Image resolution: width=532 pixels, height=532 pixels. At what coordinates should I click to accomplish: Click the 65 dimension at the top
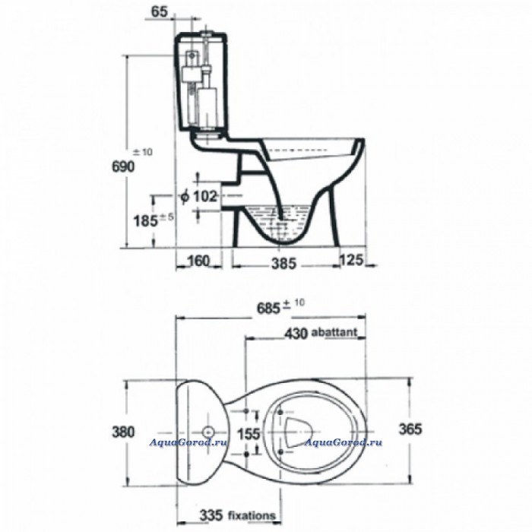[x=159, y=11]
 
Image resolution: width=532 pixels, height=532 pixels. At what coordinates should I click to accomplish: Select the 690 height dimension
[x=123, y=166]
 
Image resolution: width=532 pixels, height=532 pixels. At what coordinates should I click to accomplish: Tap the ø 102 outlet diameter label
[x=199, y=196]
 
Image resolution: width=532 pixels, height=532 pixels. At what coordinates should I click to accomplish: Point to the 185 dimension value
[x=146, y=222]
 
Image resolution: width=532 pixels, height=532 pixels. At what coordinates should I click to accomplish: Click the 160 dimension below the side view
[x=198, y=261]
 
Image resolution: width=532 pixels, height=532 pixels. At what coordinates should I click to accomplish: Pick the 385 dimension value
[x=283, y=264]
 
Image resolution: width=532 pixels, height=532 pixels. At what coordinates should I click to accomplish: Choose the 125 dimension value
[x=351, y=260]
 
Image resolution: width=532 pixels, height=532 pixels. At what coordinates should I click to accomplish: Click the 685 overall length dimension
[x=268, y=309]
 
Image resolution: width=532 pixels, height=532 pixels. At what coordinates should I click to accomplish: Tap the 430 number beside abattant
[x=296, y=334]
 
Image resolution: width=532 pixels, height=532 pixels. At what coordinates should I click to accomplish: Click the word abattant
[x=334, y=332]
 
